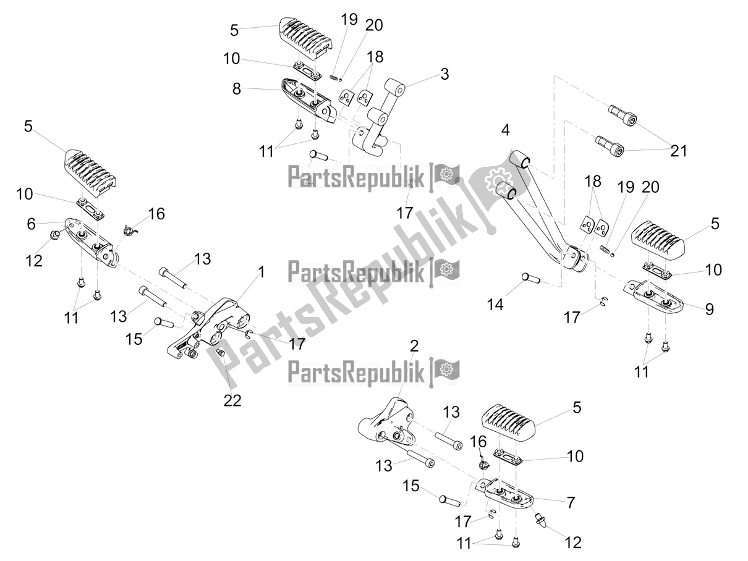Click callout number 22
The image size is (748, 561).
point(232,400)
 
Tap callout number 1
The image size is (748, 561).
point(261,272)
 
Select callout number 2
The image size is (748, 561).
point(414,346)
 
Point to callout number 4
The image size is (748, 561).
point(505,131)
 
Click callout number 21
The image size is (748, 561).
point(678,150)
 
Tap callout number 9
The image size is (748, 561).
point(709,308)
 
